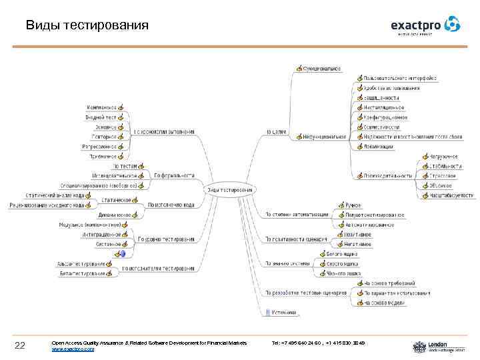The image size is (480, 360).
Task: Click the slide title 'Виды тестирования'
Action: tap(87, 26)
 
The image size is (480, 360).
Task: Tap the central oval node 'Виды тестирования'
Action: tap(230, 189)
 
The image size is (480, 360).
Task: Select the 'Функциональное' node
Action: tap(321, 68)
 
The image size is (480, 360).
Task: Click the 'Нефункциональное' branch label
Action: tap(325, 137)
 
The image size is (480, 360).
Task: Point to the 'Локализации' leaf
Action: tap(378, 147)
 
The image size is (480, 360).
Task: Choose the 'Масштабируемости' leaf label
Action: tap(451, 195)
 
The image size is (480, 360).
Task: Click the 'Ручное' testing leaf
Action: tap(353, 205)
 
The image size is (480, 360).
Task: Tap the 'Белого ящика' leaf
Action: tap(341, 254)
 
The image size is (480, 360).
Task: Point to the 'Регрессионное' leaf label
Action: tap(99, 147)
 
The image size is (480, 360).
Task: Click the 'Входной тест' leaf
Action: tap(101, 117)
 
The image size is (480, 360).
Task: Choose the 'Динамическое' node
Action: tap(114, 215)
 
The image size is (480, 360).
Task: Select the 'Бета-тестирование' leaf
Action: tap(83, 273)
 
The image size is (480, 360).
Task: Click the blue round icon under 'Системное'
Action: tap(122, 254)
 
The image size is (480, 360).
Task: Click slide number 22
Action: tap(20, 345)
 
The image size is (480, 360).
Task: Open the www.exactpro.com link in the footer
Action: tap(73, 349)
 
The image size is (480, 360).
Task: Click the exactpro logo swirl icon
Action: tap(453, 25)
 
